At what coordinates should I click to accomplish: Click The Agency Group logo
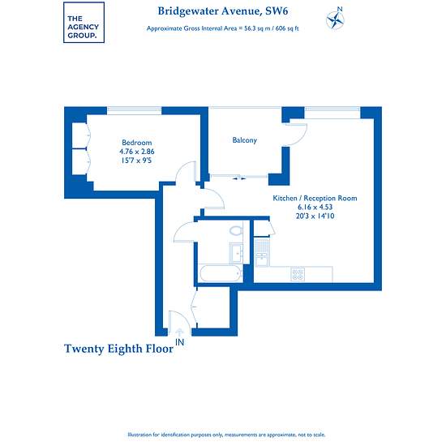click(x=84, y=23)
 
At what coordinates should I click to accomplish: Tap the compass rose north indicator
click(x=336, y=18)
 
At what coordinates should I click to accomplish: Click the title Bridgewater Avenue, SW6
click(x=223, y=11)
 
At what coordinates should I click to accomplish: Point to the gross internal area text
click(x=223, y=28)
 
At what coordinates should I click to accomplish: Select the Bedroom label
click(x=137, y=143)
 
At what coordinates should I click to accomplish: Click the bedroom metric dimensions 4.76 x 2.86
click(x=137, y=152)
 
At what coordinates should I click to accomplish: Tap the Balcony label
click(x=245, y=140)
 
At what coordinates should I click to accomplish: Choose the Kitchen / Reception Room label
click(x=315, y=198)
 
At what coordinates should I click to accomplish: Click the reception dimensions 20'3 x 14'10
click(x=315, y=216)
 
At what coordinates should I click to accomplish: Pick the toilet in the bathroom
click(x=236, y=230)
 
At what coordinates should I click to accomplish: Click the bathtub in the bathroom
click(x=221, y=273)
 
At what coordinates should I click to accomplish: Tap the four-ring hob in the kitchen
click(x=298, y=274)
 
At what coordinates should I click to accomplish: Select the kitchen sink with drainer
click(x=262, y=252)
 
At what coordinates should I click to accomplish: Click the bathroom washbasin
click(x=236, y=253)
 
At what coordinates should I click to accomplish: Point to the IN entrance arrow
click(x=179, y=332)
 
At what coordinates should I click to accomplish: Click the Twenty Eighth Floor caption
click(x=118, y=349)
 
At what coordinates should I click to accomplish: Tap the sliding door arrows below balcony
click(x=239, y=178)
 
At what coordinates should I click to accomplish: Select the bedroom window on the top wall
click(x=135, y=110)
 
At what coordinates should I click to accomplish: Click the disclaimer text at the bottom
click(x=226, y=435)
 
